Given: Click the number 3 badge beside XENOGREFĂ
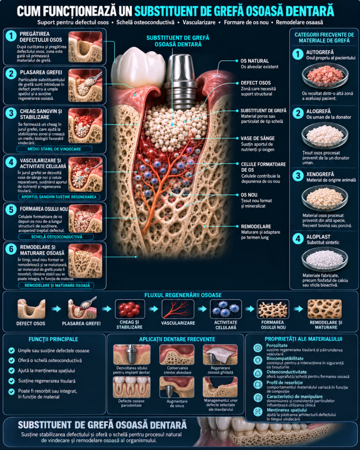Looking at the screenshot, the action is click(x=298, y=176).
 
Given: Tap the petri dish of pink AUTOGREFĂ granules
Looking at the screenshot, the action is click(x=325, y=76).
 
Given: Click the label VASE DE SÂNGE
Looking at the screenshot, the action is click(x=258, y=138).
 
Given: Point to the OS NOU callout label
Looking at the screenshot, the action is click(x=249, y=195).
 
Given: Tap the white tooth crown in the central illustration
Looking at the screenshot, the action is click(x=137, y=67).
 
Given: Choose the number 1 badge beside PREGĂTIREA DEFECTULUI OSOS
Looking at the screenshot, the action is click(x=11, y=36).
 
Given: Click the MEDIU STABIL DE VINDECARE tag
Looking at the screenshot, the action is click(x=54, y=149).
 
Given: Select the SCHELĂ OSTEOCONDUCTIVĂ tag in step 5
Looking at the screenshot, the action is click(x=56, y=237).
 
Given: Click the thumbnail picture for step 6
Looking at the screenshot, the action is click(x=85, y=261).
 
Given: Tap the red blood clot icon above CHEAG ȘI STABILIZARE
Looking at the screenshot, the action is click(x=130, y=309).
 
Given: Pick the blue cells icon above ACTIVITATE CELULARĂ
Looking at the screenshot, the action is click(x=225, y=309).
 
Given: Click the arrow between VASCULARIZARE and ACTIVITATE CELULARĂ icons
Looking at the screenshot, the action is click(x=202, y=309).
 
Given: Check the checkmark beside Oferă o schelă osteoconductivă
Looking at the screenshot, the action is click(x=11, y=360).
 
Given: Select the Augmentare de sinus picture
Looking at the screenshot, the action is click(x=177, y=388).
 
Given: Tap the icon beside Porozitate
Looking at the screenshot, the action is click(x=258, y=348).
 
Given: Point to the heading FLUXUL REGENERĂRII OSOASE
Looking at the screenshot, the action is click(x=183, y=295).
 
